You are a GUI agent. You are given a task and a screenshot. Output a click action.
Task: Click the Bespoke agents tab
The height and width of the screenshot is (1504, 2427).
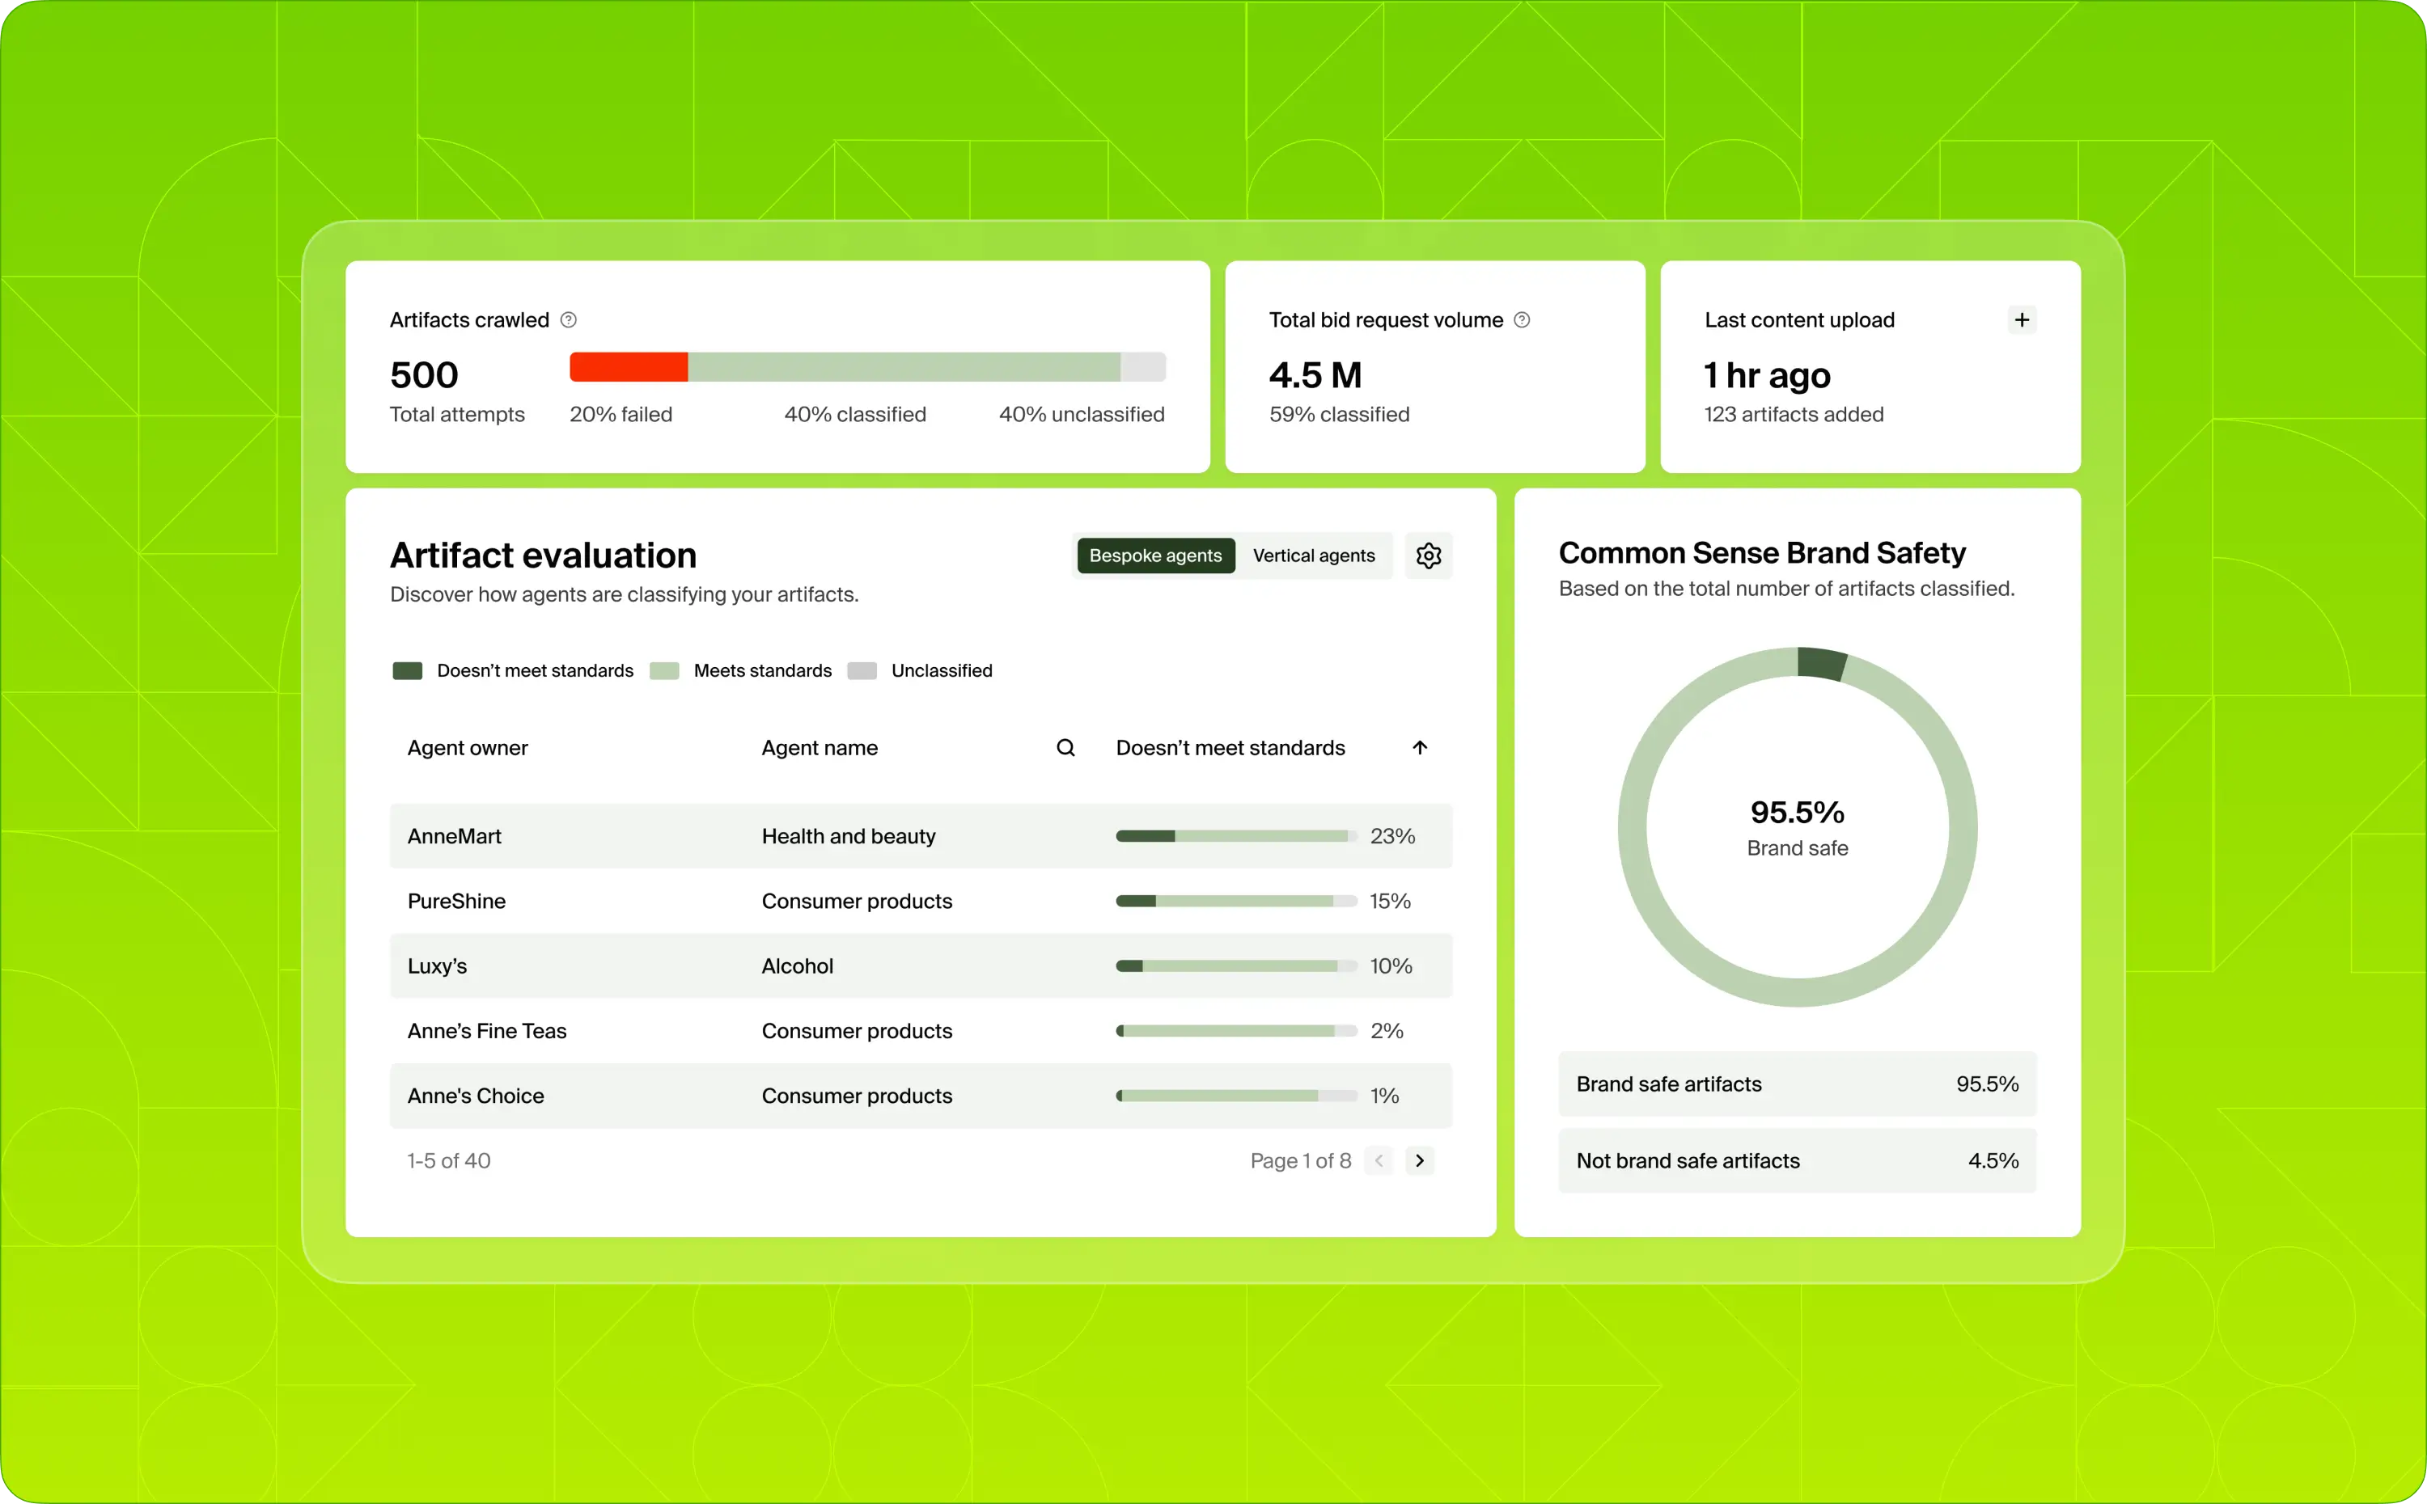pyautogui.click(x=1154, y=555)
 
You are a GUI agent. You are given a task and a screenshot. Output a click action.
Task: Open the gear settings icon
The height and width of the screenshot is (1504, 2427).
pyautogui.click(x=1428, y=555)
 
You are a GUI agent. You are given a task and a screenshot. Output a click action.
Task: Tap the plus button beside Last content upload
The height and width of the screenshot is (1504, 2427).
pyautogui.click(x=2021, y=319)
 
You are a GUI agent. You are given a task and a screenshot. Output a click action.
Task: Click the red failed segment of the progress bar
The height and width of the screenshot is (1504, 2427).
pyautogui.click(x=628, y=367)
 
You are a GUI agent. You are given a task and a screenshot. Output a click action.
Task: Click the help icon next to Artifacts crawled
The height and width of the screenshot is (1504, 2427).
pyautogui.click(x=568, y=319)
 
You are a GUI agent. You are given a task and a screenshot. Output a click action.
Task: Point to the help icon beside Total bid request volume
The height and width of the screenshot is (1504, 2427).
pyautogui.click(x=1522, y=319)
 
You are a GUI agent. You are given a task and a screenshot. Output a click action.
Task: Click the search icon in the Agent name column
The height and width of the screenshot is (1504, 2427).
pyautogui.click(x=1065, y=747)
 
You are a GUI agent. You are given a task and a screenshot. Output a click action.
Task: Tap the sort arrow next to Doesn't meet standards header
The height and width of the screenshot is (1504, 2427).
pyautogui.click(x=1419, y=747)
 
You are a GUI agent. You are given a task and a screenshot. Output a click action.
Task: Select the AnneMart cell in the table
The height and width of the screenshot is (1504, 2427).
pyautogui.click(x=454, y=835)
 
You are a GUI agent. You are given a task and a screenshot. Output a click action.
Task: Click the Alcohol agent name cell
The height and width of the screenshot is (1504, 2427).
pyautogui.click(x=797, y=965)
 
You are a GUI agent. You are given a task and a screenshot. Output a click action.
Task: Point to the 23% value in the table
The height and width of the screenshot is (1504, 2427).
pyautogui.click(x=1391, y=835)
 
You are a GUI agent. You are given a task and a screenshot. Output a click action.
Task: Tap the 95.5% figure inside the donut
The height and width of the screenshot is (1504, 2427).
pyautogui.click(x=1796, y=812)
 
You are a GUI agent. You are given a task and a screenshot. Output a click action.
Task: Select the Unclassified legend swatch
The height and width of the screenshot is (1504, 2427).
pyautogui.click(x=862, y=670)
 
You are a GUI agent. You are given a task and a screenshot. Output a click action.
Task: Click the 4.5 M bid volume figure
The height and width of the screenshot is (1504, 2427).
pyautogui.click(x=1315, y=375)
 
